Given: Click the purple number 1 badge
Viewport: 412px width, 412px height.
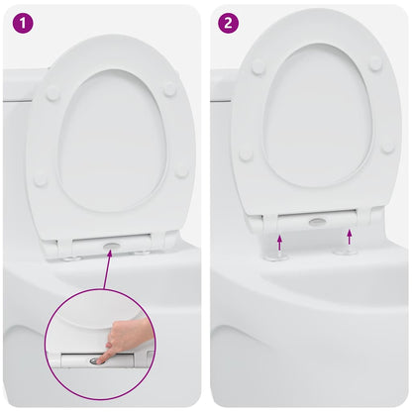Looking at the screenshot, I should [x=22, y=22].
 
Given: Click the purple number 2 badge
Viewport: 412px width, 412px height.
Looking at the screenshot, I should [x=230, y=22].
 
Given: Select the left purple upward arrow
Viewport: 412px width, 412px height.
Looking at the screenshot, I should [x=280, y=240].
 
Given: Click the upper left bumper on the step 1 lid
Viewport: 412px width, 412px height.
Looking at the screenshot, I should [x=52, y=93].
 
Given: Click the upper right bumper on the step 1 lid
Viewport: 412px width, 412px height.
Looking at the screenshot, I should [x=169, y=89].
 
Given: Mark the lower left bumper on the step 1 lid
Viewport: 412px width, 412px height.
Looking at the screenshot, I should [x=41, y=180].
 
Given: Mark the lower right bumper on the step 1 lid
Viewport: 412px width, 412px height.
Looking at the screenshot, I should [x=181, y=171].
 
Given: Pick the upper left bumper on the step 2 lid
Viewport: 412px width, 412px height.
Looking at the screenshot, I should [x=257, y=66].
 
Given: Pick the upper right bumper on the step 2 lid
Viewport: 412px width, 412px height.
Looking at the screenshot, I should [x=375, y=62].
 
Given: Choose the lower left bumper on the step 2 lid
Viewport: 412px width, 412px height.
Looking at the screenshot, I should [x=246, y=154].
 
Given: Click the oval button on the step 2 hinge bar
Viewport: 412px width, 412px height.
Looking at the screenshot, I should [x=317, y=222].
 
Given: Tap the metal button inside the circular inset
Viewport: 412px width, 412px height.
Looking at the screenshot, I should [x=97, y=361].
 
